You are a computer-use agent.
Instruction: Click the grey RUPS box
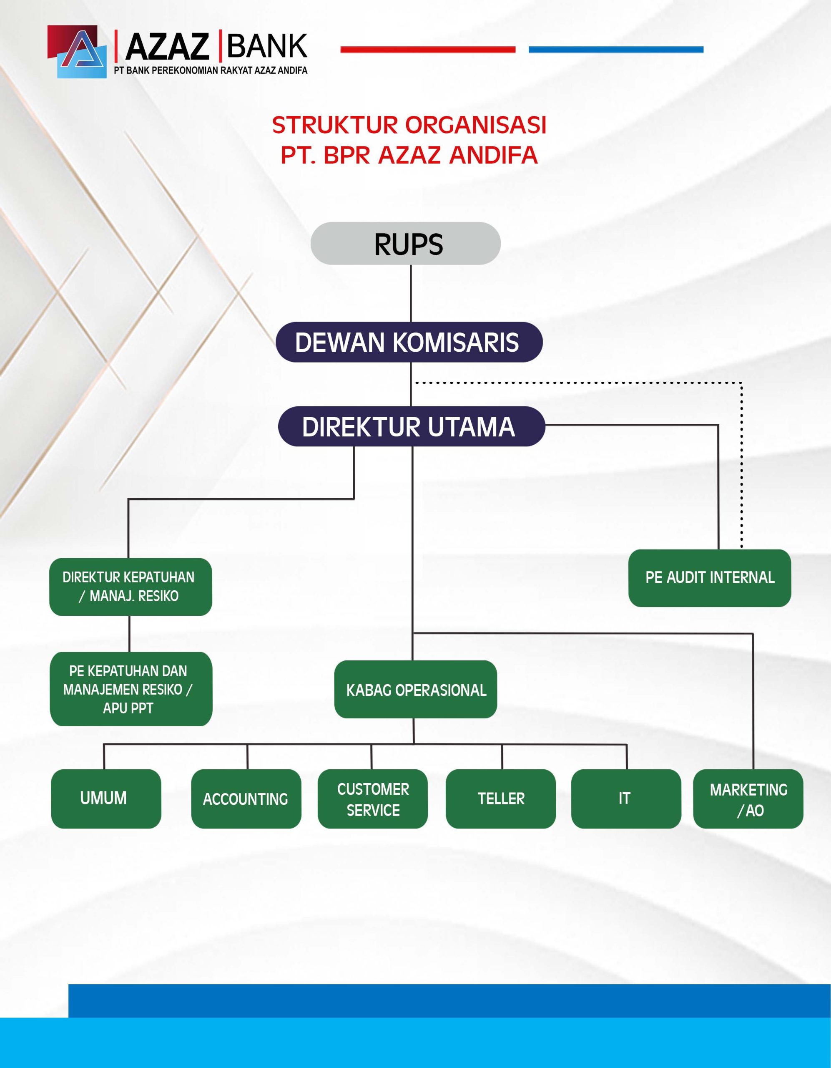click(405, 244)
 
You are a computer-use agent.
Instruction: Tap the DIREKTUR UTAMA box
click(411, 426)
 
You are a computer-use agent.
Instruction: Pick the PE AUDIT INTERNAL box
click(709, 578)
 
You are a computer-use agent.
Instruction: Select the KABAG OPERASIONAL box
click(415, 690)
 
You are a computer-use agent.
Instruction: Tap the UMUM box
click(105, 798)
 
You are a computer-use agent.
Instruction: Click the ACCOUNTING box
click(246, 798)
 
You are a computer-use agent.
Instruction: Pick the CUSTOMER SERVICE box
click(372, 798)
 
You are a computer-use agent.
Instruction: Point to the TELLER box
click(500, 798)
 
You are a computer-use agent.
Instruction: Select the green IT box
click(626, 798)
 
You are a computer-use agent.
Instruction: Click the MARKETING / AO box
click(748, 798)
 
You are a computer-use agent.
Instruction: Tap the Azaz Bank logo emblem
click(77, 52)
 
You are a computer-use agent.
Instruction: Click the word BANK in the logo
click(267, 46)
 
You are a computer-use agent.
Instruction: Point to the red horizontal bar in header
click(428, 49)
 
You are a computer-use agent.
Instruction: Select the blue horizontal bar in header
click(616, 49)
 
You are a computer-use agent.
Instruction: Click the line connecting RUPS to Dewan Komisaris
click(411, 293)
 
